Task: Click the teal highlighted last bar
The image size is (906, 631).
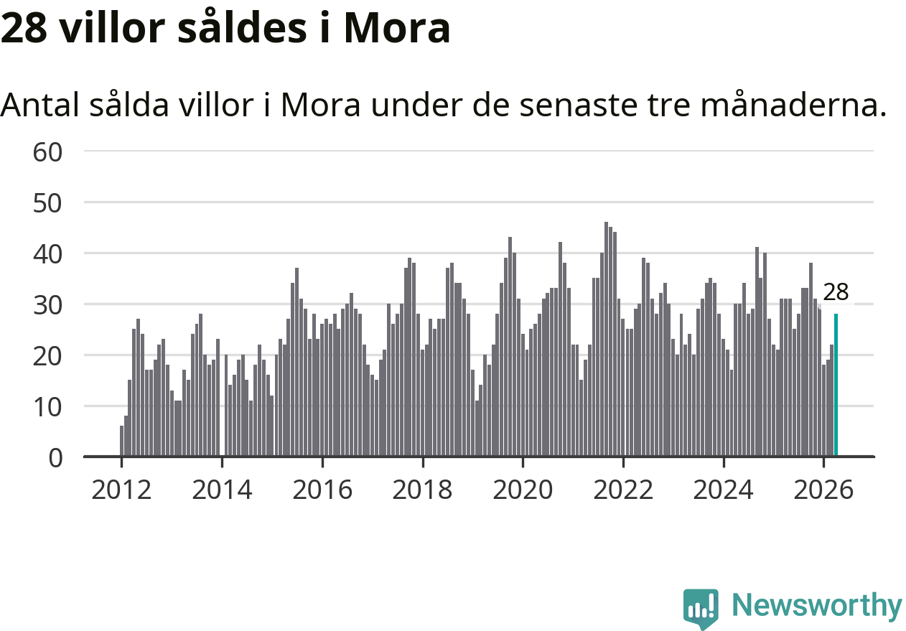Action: [836, 385]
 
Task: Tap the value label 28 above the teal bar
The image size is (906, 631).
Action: [836, 292]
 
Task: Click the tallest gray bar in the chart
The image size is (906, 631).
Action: [607, 339]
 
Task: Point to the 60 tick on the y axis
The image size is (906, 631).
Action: [47, 153]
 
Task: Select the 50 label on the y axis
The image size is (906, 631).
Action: [47, 204]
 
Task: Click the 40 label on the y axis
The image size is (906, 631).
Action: [47, 255]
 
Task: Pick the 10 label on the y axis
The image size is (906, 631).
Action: [47, 408]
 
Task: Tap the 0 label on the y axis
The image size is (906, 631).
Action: [56, 459]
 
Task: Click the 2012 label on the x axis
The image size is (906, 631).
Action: [121, 490]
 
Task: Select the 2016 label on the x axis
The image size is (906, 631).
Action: [322, 490]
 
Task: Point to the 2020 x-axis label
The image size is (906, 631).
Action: [523, 490]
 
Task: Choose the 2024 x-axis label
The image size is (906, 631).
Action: [723, 490]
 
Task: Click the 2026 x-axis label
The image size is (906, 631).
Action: [823, 490]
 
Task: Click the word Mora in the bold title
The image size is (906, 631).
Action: [397, 28]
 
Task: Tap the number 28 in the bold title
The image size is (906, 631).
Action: [24, 28]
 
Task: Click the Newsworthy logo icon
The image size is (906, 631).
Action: [701, 608]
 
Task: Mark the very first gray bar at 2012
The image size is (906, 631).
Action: [122, 441]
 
